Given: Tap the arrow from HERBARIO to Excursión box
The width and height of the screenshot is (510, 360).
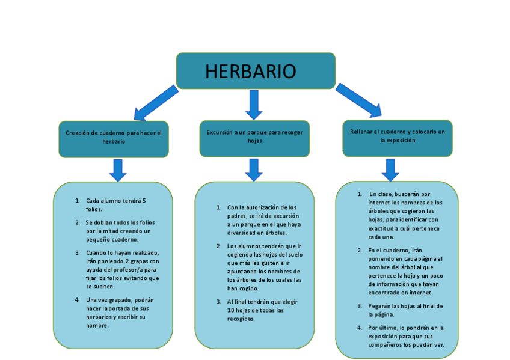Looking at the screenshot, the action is tap(254, 104).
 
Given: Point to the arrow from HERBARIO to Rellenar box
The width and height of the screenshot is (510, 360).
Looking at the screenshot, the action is tap(358, 100).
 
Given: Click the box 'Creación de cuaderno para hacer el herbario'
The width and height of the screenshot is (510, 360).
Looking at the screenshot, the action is tap(114, 137).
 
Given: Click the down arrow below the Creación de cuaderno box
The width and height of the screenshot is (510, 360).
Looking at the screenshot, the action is tap(118, 169).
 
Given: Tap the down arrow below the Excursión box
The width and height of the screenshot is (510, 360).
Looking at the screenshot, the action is tap(254, 169).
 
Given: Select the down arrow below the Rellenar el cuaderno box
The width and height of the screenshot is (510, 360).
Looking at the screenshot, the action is tap(390, 169).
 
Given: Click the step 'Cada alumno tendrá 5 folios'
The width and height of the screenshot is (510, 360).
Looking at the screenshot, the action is tap(115, 205).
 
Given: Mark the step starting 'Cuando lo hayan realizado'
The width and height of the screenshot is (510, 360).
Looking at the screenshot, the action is tap(122, 269).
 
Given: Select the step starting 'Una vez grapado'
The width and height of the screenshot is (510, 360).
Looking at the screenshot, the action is tap(120, 312).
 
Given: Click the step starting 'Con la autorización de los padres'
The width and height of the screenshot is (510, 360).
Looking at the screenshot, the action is tap(263, 219).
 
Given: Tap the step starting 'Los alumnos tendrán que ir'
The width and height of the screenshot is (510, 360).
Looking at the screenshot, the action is tap(264, 267).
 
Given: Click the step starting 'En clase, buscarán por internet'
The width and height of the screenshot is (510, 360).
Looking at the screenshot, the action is tap(405, 216).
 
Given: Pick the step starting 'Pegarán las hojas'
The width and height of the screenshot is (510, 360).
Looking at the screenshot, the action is tap(405, 310).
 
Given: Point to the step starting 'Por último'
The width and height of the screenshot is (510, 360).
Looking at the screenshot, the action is tap(406, 336).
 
